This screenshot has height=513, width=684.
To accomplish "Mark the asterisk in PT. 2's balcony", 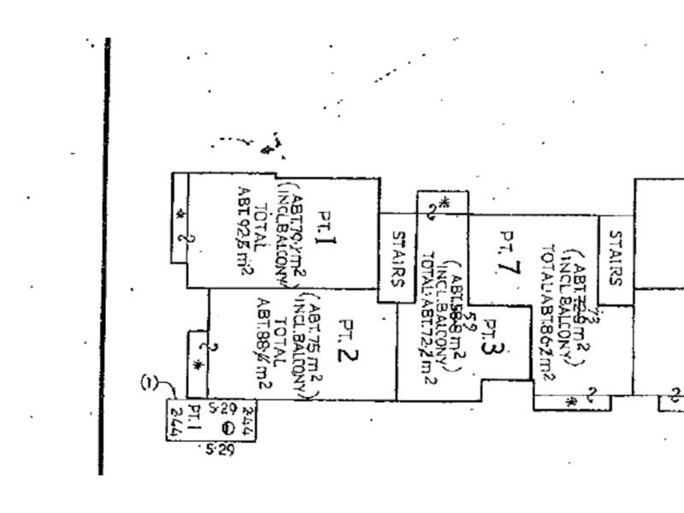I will [198, 365].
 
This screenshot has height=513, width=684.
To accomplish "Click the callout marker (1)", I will [150, 385].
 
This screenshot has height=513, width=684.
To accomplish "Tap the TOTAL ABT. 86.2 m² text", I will [549, 312].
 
